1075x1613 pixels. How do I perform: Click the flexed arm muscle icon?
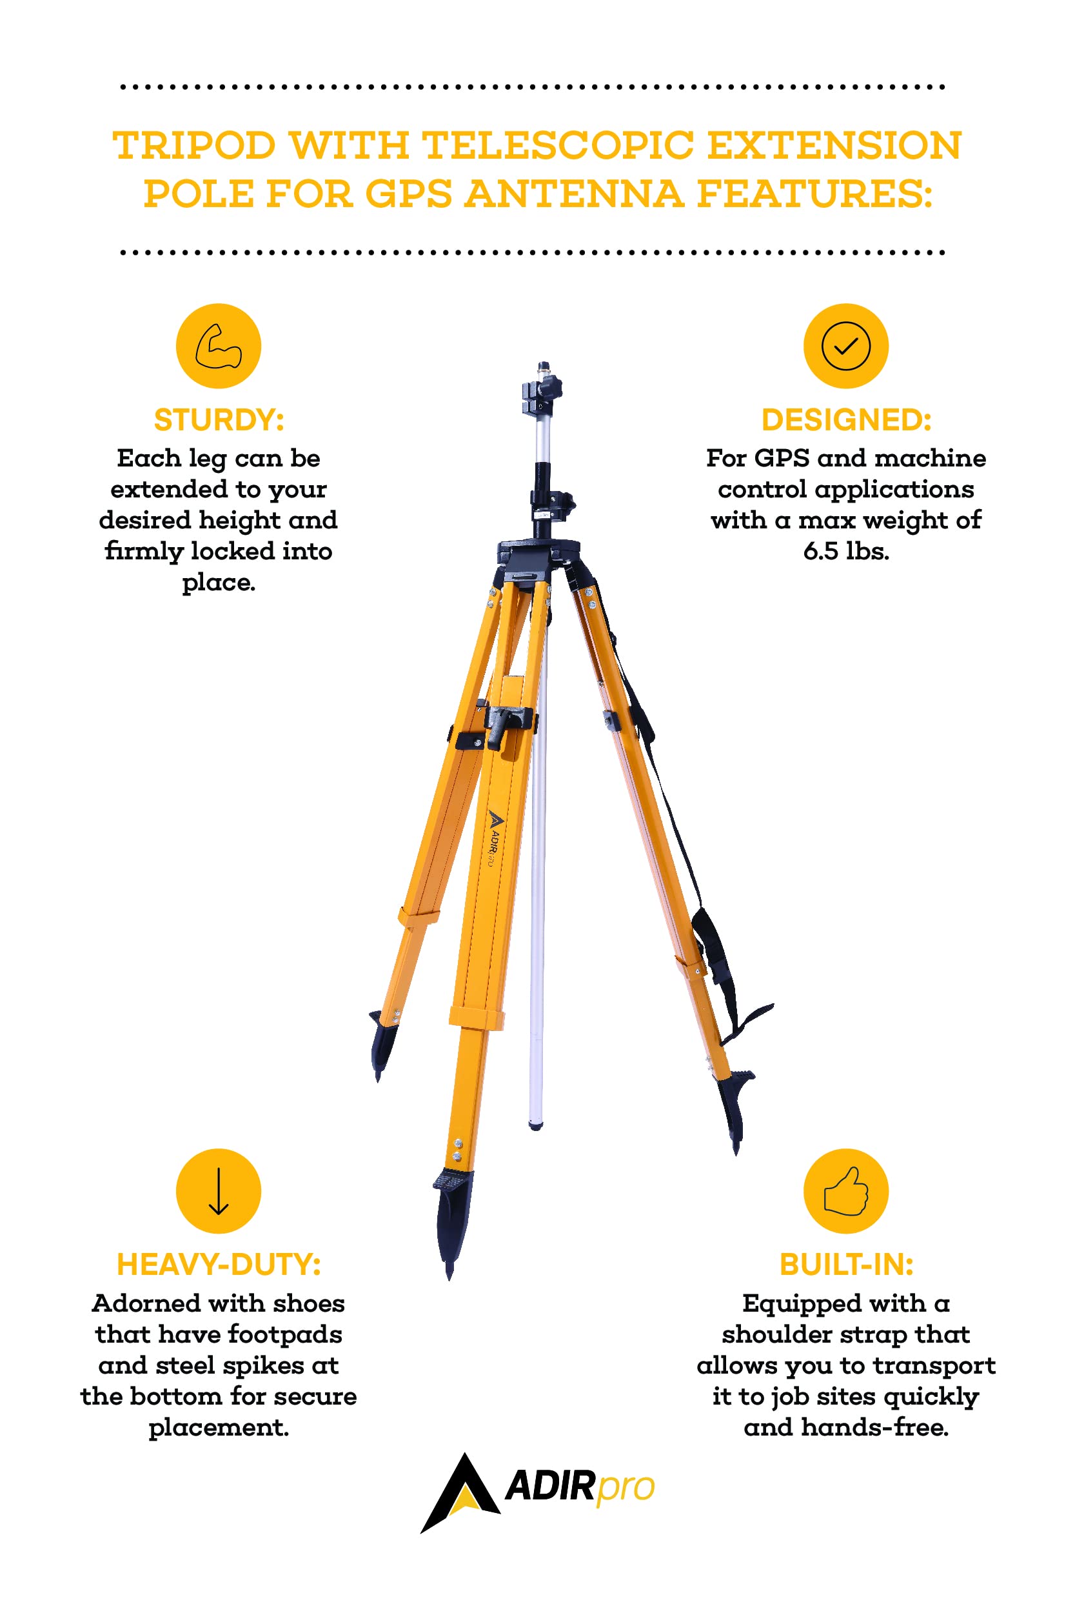(x=218, y=346)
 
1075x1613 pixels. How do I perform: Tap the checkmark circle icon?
(x=845, y=346)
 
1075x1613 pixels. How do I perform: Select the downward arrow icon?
(x=218, y=1191)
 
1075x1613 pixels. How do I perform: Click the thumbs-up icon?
(x=845, y=1191)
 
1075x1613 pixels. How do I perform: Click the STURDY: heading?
(x=219, y=420)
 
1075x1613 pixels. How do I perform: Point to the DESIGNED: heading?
(x=846, y=420)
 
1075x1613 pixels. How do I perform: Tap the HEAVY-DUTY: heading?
(x=219, y=1265)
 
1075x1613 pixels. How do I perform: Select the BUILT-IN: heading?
(x=846, y=1265)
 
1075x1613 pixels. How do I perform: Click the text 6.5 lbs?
(x=846, y=552)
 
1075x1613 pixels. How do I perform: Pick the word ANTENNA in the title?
(x=575, y=194)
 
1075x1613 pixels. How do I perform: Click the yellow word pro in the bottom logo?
(x=626, y=1489)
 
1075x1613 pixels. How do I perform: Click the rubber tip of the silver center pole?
(x=536, y=1125)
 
